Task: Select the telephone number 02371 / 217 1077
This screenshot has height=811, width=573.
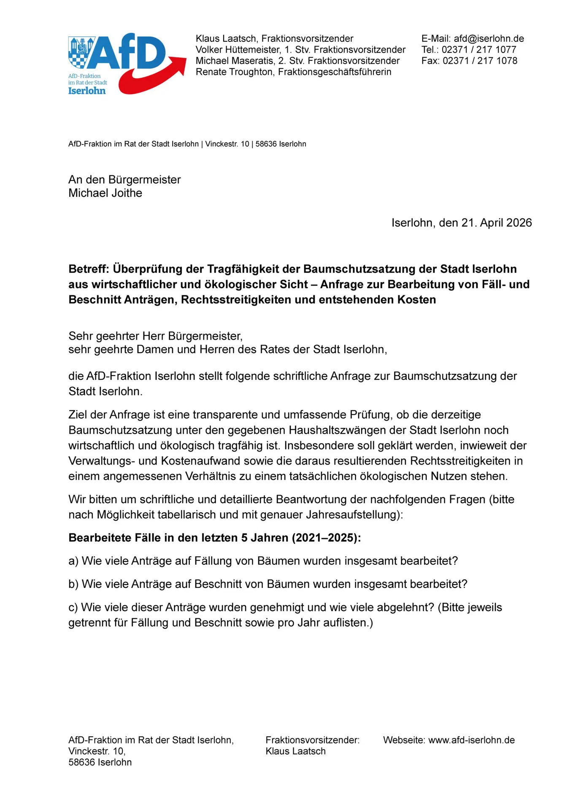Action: [479, 49]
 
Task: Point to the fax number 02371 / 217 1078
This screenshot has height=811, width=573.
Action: [480, 60]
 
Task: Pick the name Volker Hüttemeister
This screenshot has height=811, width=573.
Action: [238, 49]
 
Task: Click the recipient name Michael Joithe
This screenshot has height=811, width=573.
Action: [105, 193]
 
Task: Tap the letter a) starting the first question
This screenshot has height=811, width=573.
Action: [73, 561]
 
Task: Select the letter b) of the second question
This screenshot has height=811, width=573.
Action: [73, 584]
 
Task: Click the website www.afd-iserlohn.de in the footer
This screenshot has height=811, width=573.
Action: [471, 740]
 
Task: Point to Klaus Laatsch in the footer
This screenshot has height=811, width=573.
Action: [295, 751]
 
